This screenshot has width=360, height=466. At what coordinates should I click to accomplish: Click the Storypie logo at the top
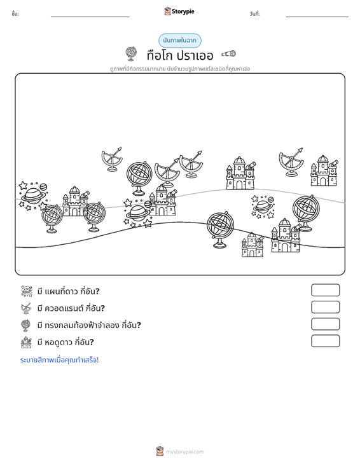click(179, 11)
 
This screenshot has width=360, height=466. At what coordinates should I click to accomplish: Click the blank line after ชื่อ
click(90, 17)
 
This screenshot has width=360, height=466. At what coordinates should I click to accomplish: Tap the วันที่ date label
click(255, 14)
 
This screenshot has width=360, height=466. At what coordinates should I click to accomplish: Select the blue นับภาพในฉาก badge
click(179, 41)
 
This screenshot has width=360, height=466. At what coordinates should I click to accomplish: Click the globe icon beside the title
click(131, 54)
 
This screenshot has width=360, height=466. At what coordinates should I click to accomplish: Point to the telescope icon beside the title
click(228, 53)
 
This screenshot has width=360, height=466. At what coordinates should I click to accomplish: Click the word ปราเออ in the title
click(195, 55)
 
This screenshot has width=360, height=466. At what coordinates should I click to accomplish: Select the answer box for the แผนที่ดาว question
click(325, 290)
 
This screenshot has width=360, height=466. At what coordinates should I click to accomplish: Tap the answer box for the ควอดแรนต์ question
click(325, 307)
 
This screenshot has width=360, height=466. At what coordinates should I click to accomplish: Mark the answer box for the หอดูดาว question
click(325, 341)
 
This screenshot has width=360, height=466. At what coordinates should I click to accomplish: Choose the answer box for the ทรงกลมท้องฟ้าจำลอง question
click(325, 324)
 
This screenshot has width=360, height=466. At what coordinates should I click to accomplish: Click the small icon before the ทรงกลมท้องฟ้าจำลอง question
click(26, 325)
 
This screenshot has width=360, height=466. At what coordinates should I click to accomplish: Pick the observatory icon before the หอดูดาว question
click(26, 342)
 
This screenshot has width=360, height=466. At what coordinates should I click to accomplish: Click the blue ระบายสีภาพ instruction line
click(59, 360)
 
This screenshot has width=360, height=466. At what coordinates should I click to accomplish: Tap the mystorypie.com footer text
click(184, 452)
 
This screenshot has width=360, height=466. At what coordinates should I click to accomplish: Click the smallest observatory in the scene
click(253, 245)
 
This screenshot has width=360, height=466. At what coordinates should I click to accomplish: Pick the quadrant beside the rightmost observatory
click(291, 162)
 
